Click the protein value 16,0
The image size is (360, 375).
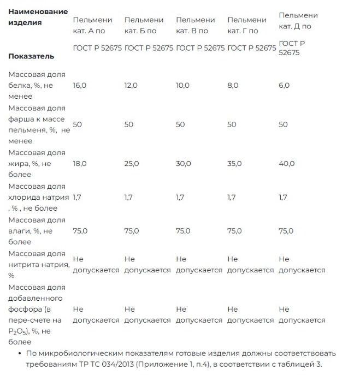80,86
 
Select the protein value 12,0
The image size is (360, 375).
131,86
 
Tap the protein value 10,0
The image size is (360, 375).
182,86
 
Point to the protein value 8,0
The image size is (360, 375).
232,86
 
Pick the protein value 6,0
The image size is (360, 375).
284,86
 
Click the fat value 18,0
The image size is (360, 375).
80,164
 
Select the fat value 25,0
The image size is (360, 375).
132,164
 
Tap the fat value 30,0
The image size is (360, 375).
183,164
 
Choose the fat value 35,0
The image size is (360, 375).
234,164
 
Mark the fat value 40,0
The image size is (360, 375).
287,164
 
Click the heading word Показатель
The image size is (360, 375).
31,56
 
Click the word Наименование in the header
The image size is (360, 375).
38,11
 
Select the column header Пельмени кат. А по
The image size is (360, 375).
92,26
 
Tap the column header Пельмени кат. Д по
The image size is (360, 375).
298,20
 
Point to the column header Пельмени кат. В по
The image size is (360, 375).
195,26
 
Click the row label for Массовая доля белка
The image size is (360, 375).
37,80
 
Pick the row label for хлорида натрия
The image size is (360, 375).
38,197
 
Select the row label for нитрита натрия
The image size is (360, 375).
38,264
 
